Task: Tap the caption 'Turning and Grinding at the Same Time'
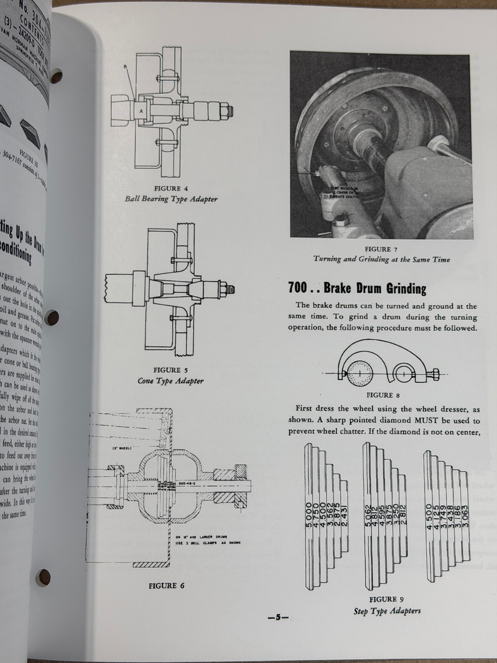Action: (382, 260)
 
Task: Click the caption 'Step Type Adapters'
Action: (387, 611)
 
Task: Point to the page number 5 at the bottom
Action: (277, 617)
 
